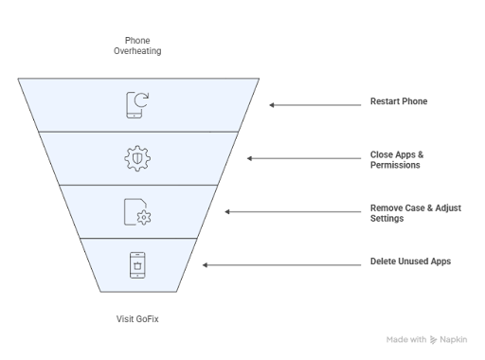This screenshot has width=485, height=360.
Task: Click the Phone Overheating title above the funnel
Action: click(x=137, y=45)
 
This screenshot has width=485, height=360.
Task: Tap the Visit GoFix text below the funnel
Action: click(x=137, y=319)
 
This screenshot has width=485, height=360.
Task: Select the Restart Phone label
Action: click(x=399, y=101)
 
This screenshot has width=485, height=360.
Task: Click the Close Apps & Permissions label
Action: click(x=397, y=160)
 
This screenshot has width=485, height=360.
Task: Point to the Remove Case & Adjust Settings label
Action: click(x=416, y=213)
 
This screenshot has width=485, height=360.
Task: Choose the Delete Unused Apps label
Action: click(x=410, y=261)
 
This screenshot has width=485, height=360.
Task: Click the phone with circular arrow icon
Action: click(x=137, y=105)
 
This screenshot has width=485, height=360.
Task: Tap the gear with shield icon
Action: click(x=137, y=158)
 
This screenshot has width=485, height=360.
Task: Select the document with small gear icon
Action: click(x=137, y=212)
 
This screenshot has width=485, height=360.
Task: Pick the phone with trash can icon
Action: click(x=137, y=265)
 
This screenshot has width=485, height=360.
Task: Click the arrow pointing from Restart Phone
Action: click(x=315, y=105)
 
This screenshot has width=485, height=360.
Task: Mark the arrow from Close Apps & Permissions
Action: click(x=304, y=158)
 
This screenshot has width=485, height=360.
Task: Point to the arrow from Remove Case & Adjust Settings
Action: click(x=293, y=212)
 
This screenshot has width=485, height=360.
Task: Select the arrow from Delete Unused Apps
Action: click(x=281, y=265)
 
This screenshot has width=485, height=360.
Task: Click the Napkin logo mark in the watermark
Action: click(x=433, y=340)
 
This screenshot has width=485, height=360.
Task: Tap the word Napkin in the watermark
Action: click(x=454, y=340)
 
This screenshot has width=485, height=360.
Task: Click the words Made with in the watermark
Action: click(x=406, y=340)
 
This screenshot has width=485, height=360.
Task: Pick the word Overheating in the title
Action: click(x=137, y=51)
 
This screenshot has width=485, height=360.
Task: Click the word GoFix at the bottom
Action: click(x=148, y=319)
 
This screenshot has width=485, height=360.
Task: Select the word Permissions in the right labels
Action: click(x=395, y=165)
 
